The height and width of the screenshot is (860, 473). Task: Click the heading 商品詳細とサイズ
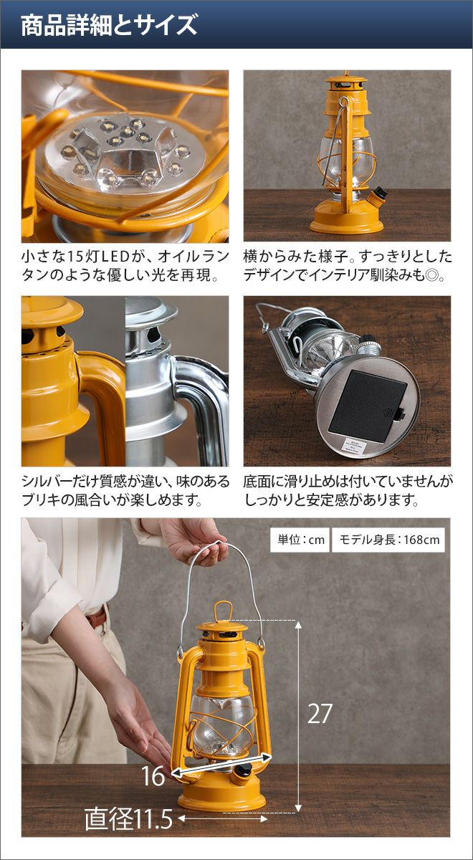109,25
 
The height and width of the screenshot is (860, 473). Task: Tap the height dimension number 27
320,714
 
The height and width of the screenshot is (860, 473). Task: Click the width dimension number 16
153,775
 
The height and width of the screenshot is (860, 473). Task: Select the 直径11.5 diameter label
128,818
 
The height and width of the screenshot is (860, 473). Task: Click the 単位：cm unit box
300,540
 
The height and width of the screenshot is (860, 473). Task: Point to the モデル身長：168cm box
388,540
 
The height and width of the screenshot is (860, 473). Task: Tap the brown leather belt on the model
97,617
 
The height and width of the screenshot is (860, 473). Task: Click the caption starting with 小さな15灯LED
125,265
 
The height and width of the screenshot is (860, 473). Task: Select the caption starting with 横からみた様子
348,265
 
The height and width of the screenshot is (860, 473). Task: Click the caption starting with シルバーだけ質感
125,490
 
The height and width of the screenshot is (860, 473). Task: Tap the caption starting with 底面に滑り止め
348,490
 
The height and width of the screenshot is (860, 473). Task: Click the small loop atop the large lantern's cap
223,611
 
